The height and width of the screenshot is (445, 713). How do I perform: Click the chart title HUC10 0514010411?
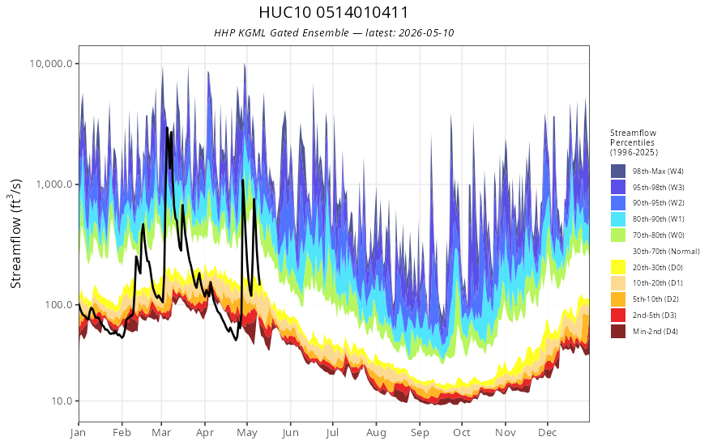(x=333, y=12)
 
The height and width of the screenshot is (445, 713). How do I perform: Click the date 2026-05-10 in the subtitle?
(x=425, y=33)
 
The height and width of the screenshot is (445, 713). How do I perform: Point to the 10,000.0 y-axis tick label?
(x=51, y=64)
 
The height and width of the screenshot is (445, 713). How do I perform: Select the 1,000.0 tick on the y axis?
(x=53, y=184)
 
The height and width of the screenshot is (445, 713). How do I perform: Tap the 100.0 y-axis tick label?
(x=58, y=305)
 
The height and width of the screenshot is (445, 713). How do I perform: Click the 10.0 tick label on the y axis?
(x=62, y=401)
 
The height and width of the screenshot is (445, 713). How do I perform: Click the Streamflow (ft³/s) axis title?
(x=16, y=234)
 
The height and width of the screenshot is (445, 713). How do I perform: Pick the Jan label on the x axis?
(x=79, y=433)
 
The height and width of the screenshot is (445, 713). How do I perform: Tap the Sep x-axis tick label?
(x=420, y=433)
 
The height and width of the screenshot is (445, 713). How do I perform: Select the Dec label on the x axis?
(x=548, y=433)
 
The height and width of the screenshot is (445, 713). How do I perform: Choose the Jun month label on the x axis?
(x=290, y=433)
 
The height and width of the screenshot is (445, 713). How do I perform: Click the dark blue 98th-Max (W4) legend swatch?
(x=618, y=172)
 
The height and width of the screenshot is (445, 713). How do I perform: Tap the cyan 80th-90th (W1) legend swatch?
(x=618, y=219)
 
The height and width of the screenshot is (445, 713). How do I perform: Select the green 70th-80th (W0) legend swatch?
(x=618, y=235)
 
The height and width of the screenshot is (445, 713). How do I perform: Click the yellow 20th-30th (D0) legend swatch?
(x=618, y=267)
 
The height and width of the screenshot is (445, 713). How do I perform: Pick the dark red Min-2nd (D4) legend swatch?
(x=618, y=331)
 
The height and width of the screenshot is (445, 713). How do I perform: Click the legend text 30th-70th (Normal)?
(x=666, y=251)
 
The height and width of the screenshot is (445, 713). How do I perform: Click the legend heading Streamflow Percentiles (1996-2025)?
(x=634, y=142)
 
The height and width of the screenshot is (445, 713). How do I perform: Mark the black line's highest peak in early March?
(x=167, y=128)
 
